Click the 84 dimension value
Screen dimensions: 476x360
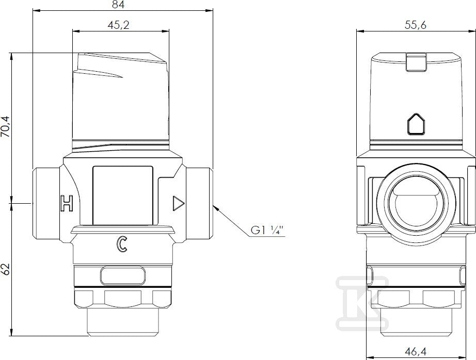tap(118, 5)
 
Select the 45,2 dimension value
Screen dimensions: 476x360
tap(118, 25)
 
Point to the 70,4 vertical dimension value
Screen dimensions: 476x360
tap(6, 126)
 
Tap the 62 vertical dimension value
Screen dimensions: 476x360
tap(6, 269)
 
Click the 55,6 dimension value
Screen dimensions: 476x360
tap(415, 25)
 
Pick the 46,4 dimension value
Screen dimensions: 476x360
tap(415, 352)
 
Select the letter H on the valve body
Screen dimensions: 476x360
tap(67, 203)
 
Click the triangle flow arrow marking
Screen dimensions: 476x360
tap(178, 203)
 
